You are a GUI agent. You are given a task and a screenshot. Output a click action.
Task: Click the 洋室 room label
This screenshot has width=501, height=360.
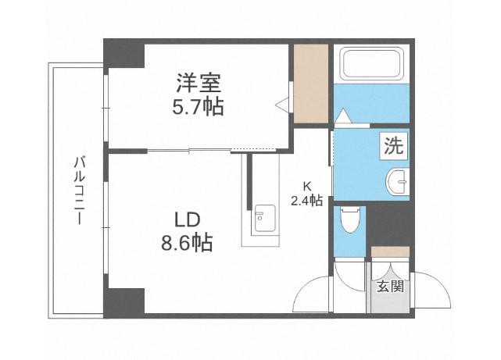(198, 82)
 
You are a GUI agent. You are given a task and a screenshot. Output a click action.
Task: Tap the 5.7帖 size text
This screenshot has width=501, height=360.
(198, 106)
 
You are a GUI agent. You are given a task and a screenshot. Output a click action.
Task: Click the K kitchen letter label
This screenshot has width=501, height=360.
(306, 187)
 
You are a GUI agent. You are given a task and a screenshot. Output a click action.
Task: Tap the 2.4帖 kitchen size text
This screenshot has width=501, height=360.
(306, 200)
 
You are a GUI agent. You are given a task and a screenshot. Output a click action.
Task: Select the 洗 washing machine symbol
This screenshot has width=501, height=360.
(392, 146)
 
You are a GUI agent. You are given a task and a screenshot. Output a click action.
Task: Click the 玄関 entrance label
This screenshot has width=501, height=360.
(389, 287)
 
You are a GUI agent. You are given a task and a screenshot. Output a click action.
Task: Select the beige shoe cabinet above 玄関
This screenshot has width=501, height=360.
(390, 252)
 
